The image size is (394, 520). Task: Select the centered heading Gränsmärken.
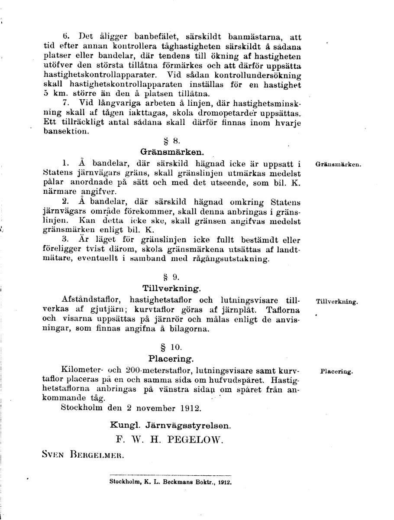(172, 152)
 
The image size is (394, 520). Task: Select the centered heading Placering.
(171, 358)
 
